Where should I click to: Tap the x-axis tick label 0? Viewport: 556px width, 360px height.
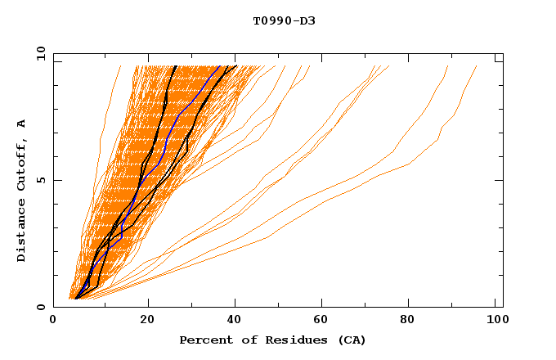(53, 321)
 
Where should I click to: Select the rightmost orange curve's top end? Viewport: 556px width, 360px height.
(477, 66)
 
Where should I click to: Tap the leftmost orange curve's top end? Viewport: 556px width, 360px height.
(119, 66)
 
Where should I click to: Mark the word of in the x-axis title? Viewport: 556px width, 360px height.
(243, 340)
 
